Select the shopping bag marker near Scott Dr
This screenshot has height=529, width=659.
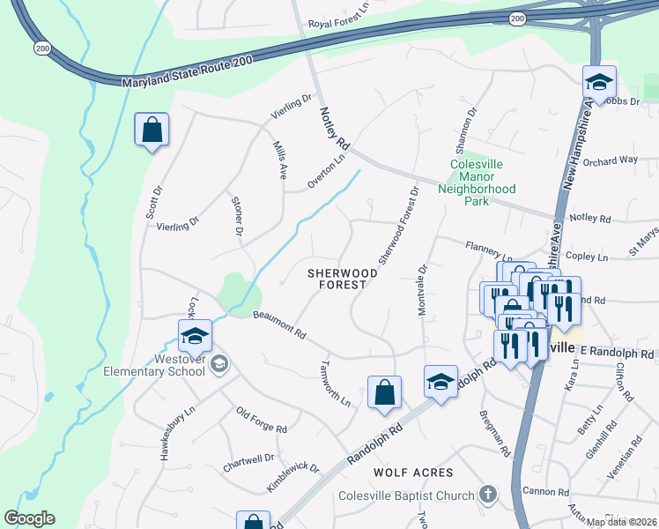point(152,130)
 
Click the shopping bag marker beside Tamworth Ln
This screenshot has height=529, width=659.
point(384,392)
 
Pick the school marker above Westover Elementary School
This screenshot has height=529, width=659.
point(195,336)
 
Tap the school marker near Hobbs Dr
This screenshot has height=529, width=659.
point(599,83)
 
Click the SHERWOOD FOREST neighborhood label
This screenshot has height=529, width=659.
point(343,279)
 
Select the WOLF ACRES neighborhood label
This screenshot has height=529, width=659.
point(413,473)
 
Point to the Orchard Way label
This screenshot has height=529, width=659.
point(610,160)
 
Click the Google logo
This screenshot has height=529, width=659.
point(29,518)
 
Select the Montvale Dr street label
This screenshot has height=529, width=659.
point(422,290)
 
